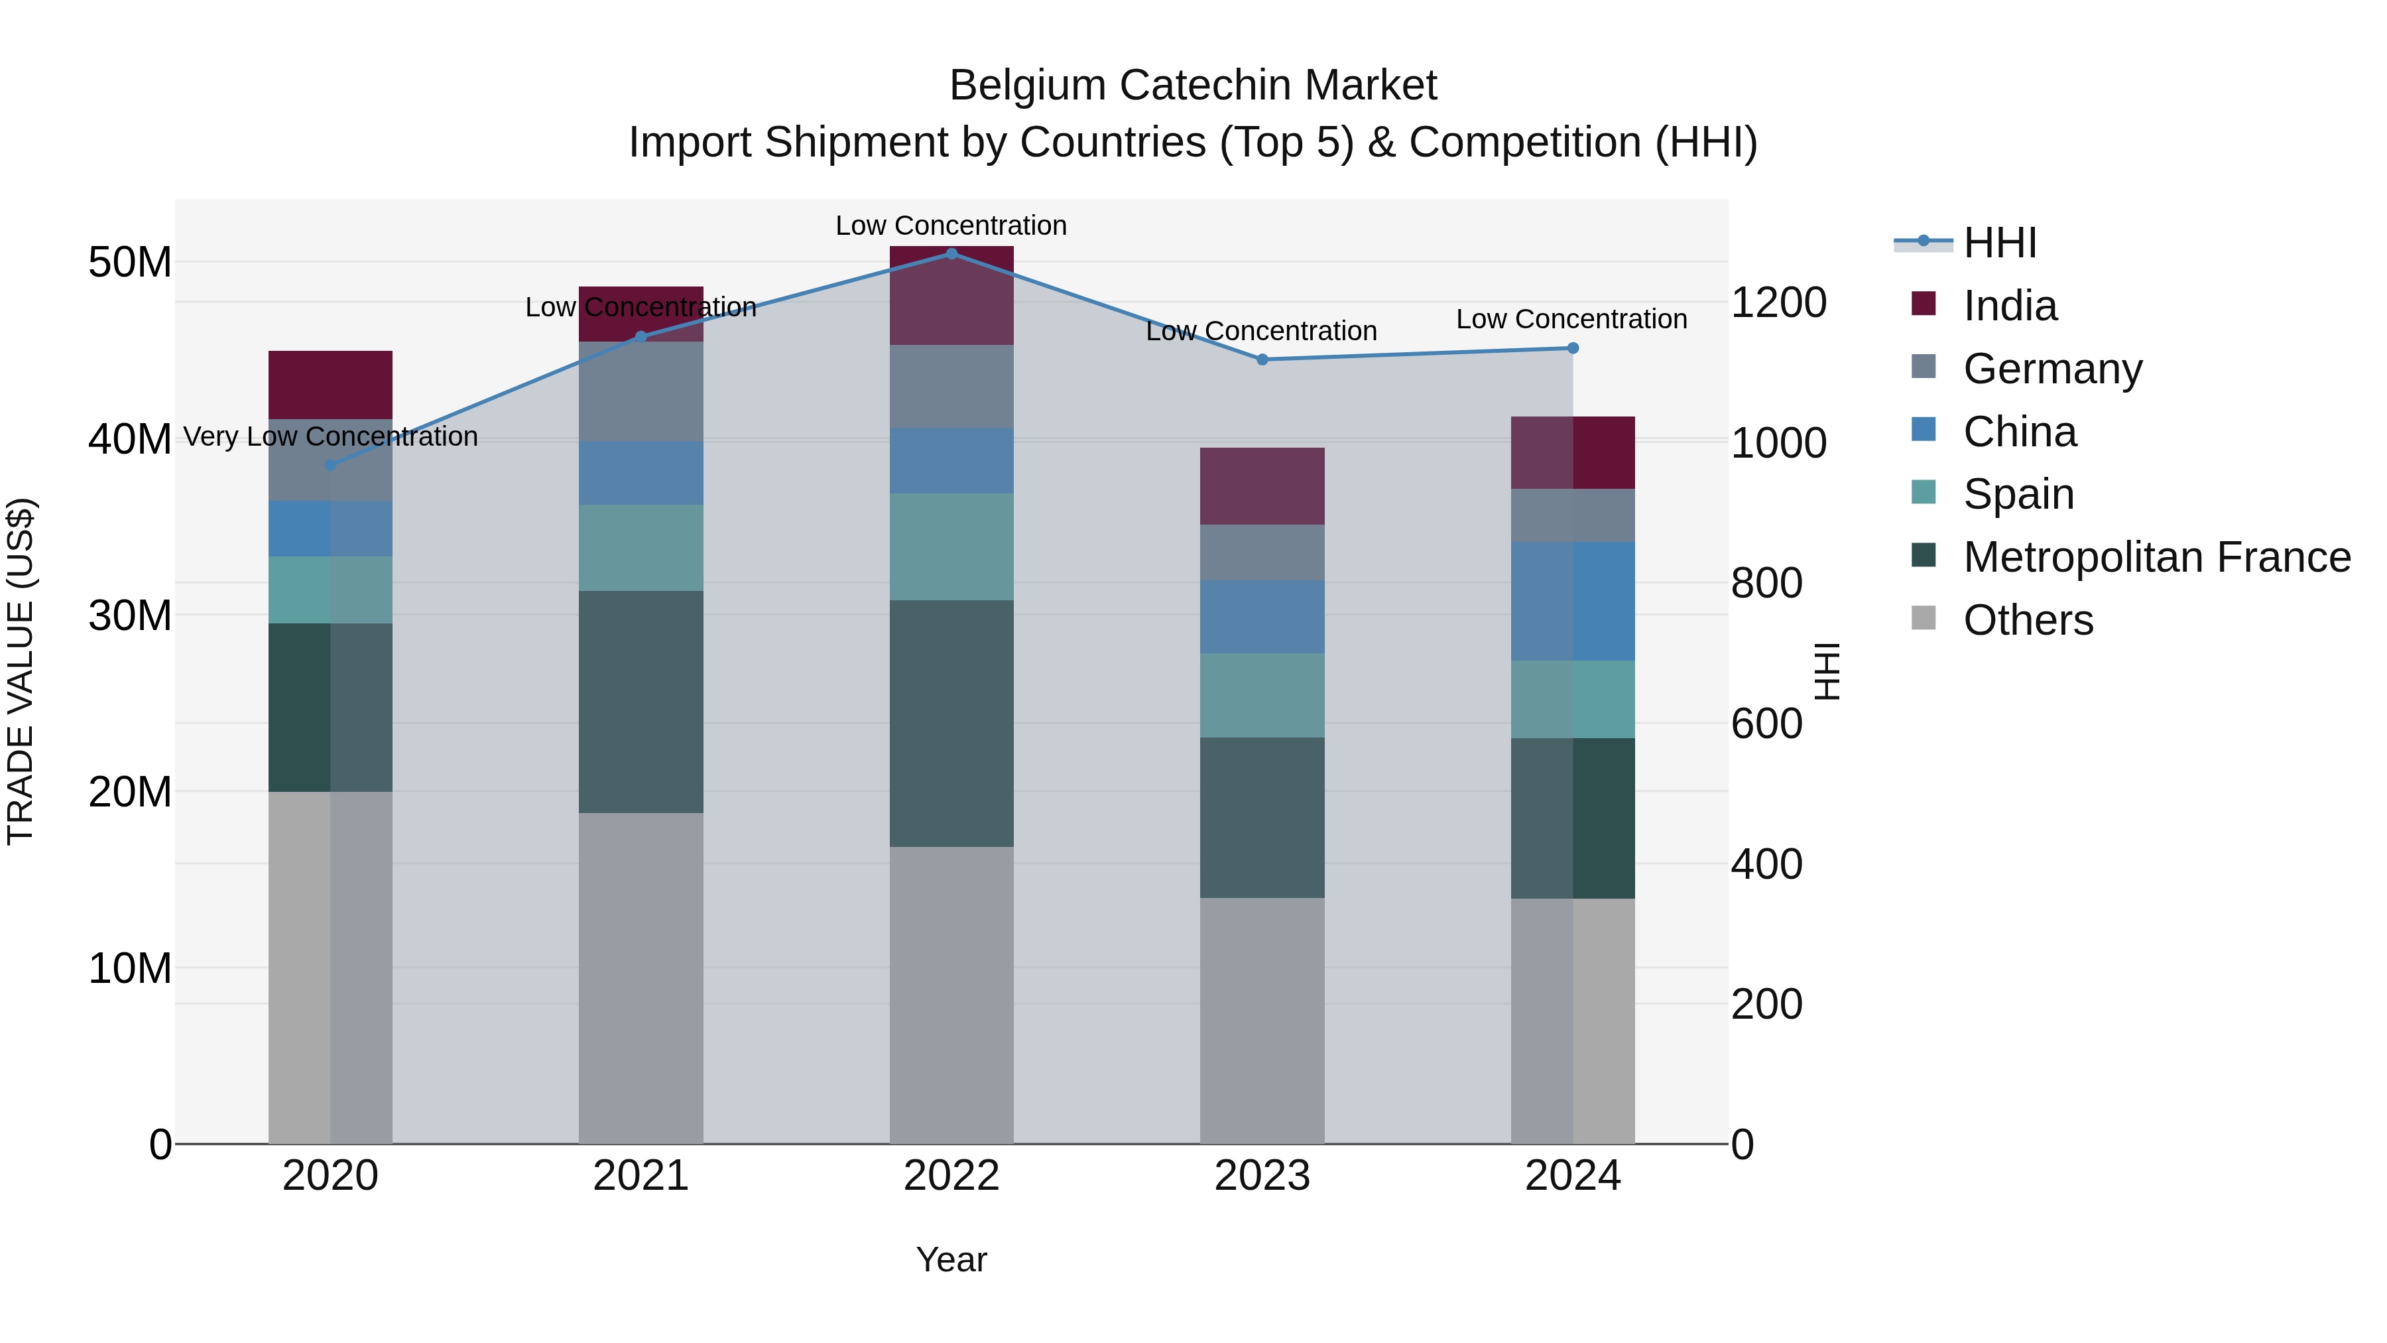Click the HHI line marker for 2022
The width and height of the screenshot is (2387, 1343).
951,253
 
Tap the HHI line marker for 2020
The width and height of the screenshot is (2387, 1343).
330,466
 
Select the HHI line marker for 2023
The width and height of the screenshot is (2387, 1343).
1262,359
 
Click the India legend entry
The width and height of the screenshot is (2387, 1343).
2009,306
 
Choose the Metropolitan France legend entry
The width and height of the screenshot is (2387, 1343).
2156,557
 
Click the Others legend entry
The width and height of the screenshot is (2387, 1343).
2028,620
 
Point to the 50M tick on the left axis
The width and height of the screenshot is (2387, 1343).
130,262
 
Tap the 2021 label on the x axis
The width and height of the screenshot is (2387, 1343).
641,1176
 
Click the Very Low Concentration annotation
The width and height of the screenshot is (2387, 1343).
331,436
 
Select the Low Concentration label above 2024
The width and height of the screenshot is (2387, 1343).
1571,319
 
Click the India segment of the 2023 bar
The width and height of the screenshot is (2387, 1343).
1262,487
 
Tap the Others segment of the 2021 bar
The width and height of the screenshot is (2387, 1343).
641,978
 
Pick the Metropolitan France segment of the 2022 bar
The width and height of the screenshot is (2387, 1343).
951,723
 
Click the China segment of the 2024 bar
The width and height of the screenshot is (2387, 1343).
1573,601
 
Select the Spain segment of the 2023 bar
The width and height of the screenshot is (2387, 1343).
1262,695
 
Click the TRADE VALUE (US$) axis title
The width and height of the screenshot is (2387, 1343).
21,671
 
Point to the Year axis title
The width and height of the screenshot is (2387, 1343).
951,1259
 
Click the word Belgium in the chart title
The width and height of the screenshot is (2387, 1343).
1028,86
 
